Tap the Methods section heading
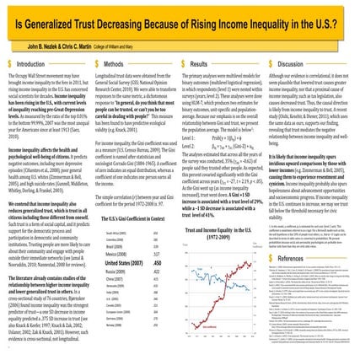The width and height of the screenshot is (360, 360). [122, 64]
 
